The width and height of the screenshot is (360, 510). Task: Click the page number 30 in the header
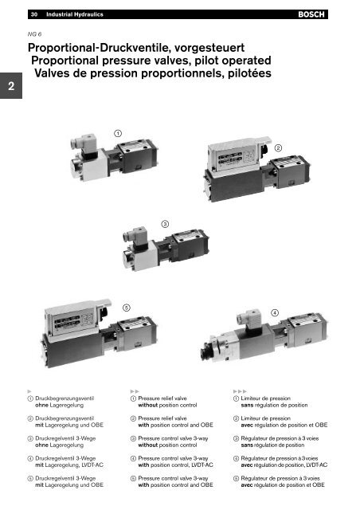click(34, 14)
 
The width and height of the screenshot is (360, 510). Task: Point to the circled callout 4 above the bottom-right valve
click(275, 312)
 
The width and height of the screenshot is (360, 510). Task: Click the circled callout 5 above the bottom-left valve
click(126, 306)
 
